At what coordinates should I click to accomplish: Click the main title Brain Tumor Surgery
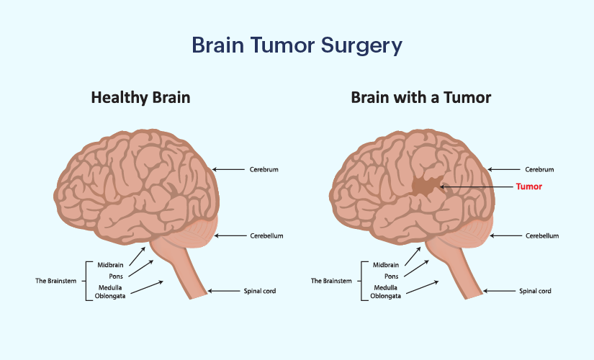(297, 45)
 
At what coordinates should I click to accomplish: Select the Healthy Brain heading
(140, 97)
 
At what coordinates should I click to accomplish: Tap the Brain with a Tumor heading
(421, 97)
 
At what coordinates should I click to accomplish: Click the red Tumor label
(528, 186)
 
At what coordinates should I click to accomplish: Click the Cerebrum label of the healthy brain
(264, 170)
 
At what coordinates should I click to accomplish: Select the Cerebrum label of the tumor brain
(539, 170)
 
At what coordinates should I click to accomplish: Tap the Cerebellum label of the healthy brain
(266, 235)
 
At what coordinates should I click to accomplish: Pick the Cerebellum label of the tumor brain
(542, 235)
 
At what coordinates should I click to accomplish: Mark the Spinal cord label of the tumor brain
(536, 292)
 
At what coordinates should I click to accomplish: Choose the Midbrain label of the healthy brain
(111, 265)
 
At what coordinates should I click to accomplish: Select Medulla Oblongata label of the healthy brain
(110, 291)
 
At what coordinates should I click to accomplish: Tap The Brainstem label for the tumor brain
(330, 280)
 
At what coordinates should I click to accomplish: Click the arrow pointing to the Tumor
(475, 186)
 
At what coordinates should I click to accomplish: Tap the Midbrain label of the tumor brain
(386, 265)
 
